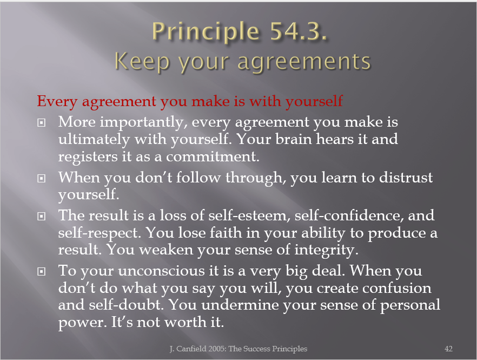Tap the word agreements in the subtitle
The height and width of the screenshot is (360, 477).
click(304, 62)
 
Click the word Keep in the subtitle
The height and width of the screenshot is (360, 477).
click(142, 62)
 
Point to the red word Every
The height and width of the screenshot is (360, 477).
click(57, 101)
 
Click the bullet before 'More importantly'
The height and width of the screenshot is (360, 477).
click(41, 123)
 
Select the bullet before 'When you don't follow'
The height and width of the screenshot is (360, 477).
click(41, 178)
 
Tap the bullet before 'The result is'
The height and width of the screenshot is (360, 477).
click(41, 216)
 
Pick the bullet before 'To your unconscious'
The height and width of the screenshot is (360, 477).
click(41, 271)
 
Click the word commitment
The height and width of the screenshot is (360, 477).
click(213, 156)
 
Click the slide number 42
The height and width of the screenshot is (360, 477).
click(448, 349)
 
